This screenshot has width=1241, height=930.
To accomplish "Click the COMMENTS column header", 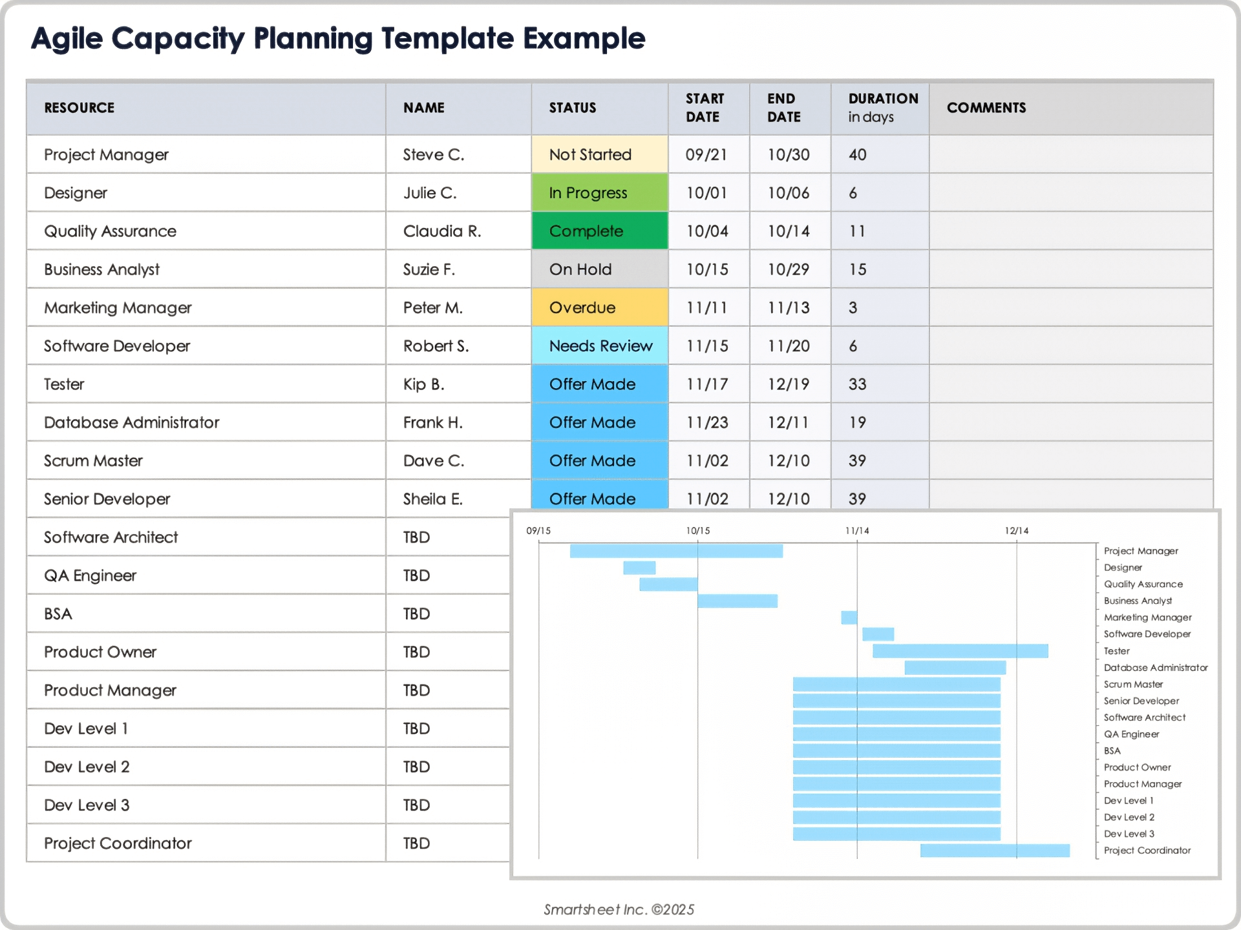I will [986, 108].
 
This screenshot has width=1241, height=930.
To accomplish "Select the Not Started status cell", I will [599, 155].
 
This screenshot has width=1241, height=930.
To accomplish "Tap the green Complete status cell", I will [599, 231].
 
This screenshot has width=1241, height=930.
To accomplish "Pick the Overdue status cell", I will [599, 307].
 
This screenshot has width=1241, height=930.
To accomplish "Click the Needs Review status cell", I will [600, 346].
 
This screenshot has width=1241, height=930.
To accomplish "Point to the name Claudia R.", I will [442, 231].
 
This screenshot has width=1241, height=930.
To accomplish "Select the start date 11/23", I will [707, 422].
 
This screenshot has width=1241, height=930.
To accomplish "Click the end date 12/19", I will [788, 384].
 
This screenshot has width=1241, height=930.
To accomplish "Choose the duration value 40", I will [857, 155].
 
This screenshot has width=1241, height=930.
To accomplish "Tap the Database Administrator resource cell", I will [132, 422].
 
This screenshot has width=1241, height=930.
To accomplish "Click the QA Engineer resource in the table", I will [90, 575].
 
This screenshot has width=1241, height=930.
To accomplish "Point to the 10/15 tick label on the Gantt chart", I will [697, 531].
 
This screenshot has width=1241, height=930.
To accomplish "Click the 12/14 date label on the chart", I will [1016, 531].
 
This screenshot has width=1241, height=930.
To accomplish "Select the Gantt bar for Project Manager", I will [676, 551].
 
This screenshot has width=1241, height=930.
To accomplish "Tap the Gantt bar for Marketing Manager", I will [849, 617].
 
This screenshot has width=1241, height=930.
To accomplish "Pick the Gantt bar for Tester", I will [960, 651].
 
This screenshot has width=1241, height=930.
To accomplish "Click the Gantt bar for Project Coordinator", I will [994, 851].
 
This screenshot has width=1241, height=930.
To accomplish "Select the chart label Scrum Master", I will [1133, 685].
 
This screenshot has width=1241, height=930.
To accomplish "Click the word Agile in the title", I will [67, 39].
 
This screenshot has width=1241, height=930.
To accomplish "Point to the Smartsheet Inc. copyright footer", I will [619, 909].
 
